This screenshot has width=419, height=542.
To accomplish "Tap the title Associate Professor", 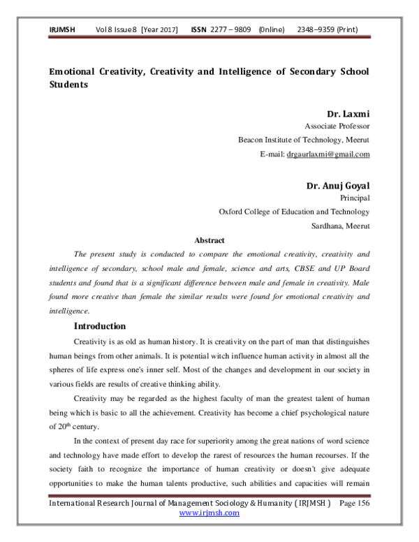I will pos(337,126).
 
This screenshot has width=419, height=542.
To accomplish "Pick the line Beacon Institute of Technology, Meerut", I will pos(304,140).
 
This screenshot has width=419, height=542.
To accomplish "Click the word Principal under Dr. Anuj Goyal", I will pos(355,198).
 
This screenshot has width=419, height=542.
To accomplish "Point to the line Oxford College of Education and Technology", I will pos(294,212).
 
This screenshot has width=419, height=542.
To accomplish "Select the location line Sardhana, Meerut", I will pos(340,226).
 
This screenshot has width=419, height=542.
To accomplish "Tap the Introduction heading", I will pos(100,326).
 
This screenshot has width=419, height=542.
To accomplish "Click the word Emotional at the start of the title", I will pos(75,72).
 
